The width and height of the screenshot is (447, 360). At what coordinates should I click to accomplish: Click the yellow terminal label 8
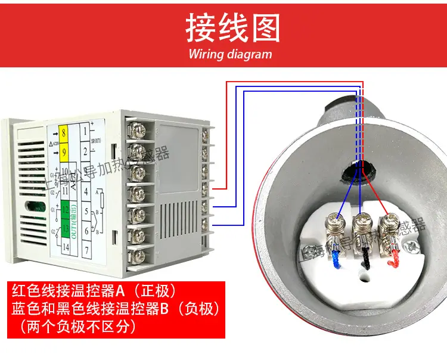[x=64, y=129]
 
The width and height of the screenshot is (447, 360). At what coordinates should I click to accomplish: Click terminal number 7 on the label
[x=87, y=248]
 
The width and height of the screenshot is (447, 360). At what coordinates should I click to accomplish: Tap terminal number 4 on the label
[x=86, y=192]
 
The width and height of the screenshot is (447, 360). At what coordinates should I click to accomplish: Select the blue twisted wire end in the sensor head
[x=337, y=259]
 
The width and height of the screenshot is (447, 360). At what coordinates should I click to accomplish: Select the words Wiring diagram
[x=230, y=54]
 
